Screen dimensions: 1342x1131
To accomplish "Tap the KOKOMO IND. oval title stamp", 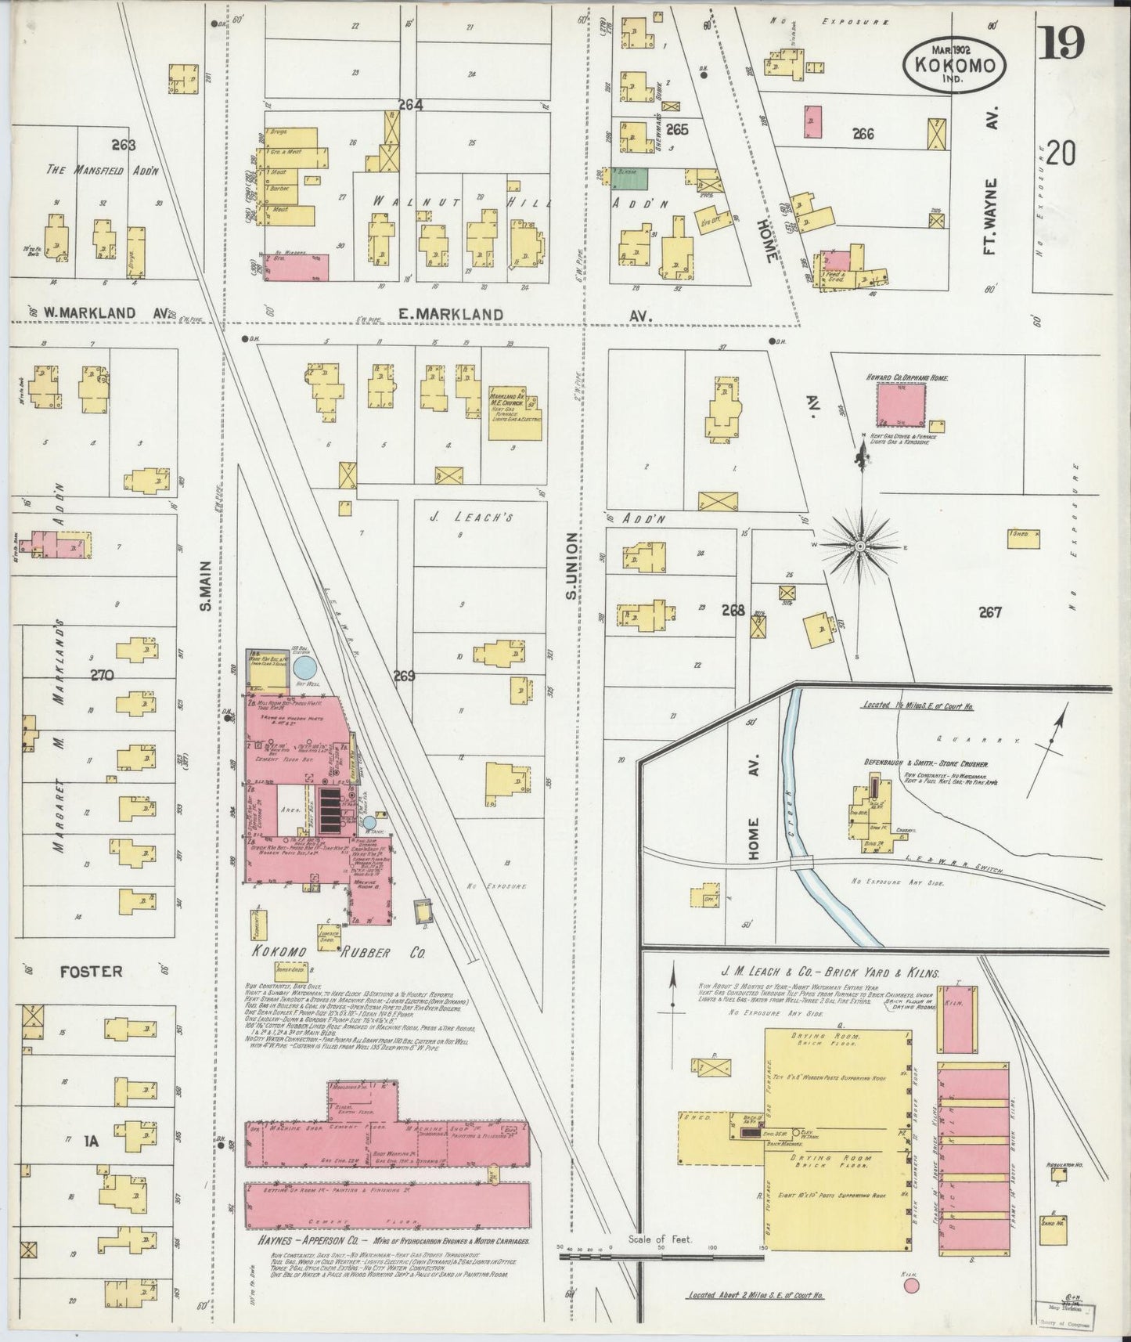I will coord(953,66).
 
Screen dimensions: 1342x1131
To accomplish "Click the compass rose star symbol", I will coord(859,546).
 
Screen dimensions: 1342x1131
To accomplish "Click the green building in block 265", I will coord(629,177).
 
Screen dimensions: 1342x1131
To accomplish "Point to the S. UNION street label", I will coord(572,567).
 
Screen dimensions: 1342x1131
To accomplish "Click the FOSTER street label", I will coord(92,972).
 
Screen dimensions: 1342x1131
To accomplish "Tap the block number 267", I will coord(990,612).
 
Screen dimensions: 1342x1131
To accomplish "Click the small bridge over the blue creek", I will coord(801,862).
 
